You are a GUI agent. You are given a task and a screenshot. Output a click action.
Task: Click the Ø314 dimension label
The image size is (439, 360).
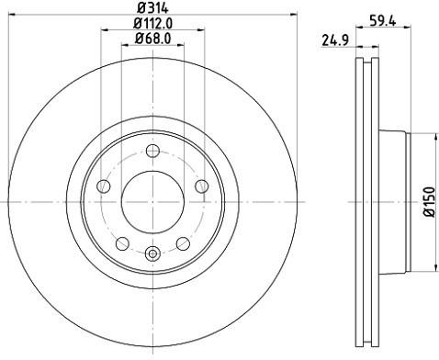[x=152, y=8]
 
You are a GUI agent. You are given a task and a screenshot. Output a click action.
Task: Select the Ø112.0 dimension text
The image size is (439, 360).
[x=152, y=23]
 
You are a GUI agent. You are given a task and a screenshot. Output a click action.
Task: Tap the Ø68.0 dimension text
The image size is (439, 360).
[x=152, y=38]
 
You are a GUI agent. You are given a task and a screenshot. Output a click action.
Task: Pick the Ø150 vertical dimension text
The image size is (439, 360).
[x=429, y=202]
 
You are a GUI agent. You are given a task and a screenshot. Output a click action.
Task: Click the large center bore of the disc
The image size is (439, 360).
[x=152, y=197]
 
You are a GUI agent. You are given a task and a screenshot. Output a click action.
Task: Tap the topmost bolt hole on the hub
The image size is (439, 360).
[x=152, y=151]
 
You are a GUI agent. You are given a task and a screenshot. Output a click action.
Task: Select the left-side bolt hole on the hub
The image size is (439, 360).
[x=104, y=186]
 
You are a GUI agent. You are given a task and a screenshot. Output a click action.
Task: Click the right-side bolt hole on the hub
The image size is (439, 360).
[x=201, y=186]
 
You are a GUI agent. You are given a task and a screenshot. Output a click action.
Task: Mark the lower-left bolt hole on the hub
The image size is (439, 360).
[x=122, y=243]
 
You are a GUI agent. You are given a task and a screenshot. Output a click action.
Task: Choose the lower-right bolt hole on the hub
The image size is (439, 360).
[x=183, y=243]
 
